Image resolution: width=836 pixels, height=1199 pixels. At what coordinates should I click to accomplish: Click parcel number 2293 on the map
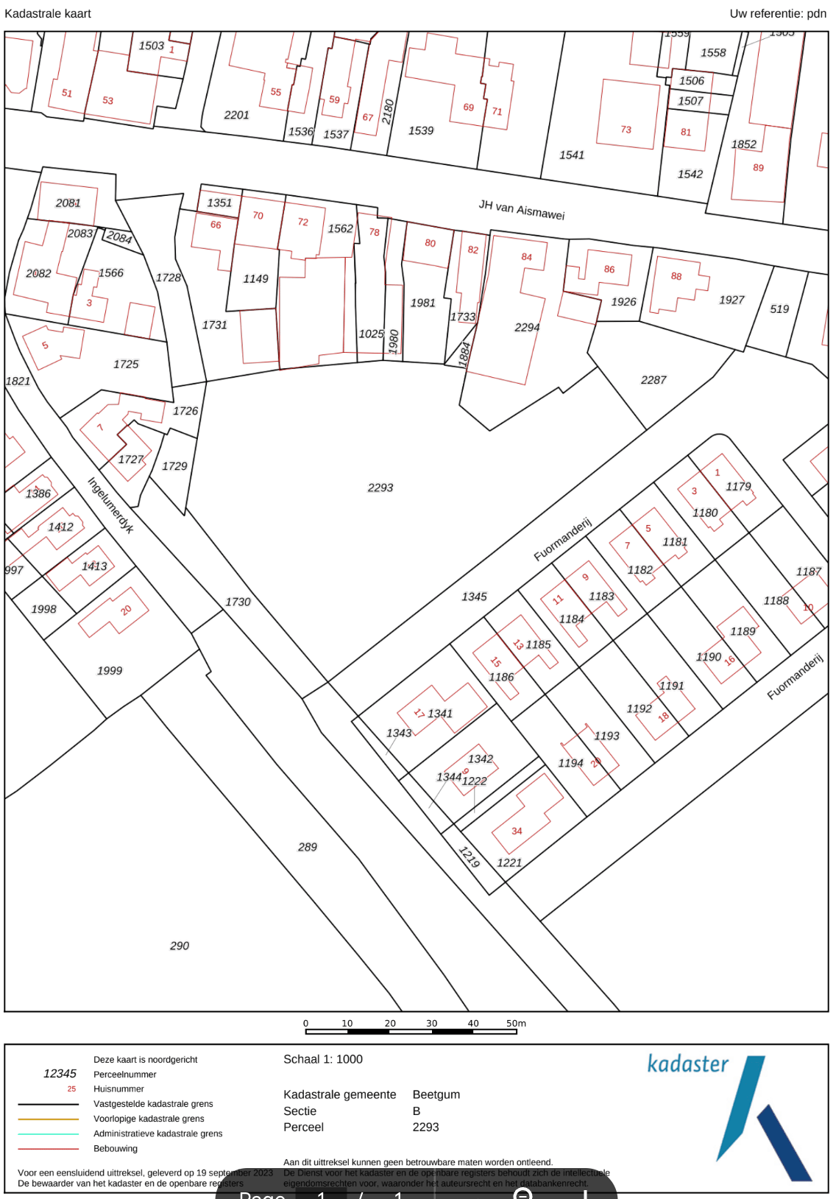tap(380, 488)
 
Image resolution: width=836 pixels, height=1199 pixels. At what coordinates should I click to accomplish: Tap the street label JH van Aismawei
tap(521, 209)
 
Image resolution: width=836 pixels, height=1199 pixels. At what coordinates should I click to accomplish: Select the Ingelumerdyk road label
tap(110, 505)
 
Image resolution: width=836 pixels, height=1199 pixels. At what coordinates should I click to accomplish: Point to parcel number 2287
tap(653, 380)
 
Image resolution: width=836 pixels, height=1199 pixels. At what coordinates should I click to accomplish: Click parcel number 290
tap(180, 946)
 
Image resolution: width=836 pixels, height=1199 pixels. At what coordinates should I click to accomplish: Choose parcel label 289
tap(308, 847)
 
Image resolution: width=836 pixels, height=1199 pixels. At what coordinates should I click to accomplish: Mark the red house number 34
tap(517, 831)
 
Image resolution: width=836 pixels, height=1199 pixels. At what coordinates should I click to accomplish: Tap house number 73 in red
tap(626, 130)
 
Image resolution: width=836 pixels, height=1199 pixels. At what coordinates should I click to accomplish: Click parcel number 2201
tap(236, 115)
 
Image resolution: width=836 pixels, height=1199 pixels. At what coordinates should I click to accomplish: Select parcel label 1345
tap(474, 597)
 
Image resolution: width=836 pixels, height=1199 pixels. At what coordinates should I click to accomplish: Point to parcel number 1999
tap(110, 670)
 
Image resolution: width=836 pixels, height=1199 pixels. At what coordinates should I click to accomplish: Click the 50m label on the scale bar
tap(516, 1023)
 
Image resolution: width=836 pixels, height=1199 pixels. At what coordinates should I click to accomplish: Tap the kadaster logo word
tap(687, 1063)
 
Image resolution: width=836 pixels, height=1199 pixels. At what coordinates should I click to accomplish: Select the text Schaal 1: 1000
tap(322, 1059)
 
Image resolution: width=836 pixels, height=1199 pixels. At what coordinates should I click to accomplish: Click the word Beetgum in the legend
tap(436, 1094)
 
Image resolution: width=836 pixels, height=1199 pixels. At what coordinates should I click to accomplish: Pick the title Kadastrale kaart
tap(48, 13)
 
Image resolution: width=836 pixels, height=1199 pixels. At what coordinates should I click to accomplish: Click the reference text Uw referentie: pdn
tap(777, 13)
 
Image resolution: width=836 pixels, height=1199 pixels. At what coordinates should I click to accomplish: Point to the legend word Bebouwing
tap(116, 1148)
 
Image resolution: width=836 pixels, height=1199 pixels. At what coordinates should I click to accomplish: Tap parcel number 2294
tap(527, 327)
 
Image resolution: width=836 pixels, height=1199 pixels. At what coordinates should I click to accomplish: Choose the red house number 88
tap(676, 276)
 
